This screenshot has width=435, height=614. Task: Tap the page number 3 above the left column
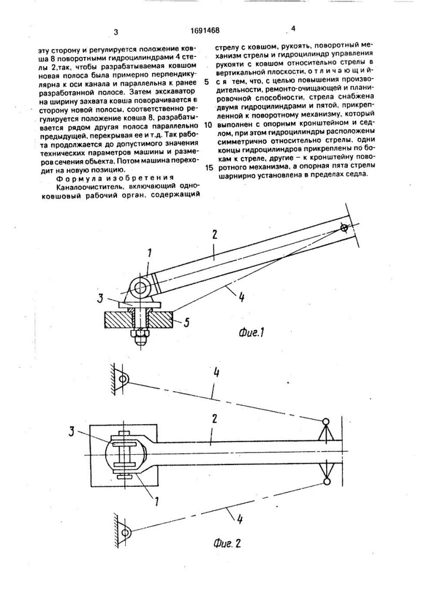(116, 32)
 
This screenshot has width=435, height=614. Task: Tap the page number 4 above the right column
(293, 29)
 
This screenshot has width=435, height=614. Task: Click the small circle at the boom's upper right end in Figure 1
(344, 228)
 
